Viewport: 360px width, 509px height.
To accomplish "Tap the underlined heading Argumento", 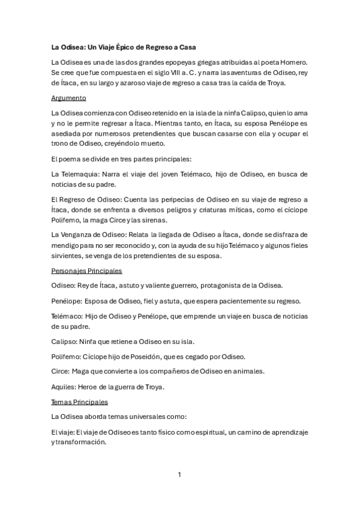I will click(69, 97).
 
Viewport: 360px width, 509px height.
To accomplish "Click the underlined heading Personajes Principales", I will click(86, 271).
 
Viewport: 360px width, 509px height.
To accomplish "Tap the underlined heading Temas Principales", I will click(80, 402).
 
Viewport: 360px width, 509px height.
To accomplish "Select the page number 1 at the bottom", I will click(179, 474).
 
